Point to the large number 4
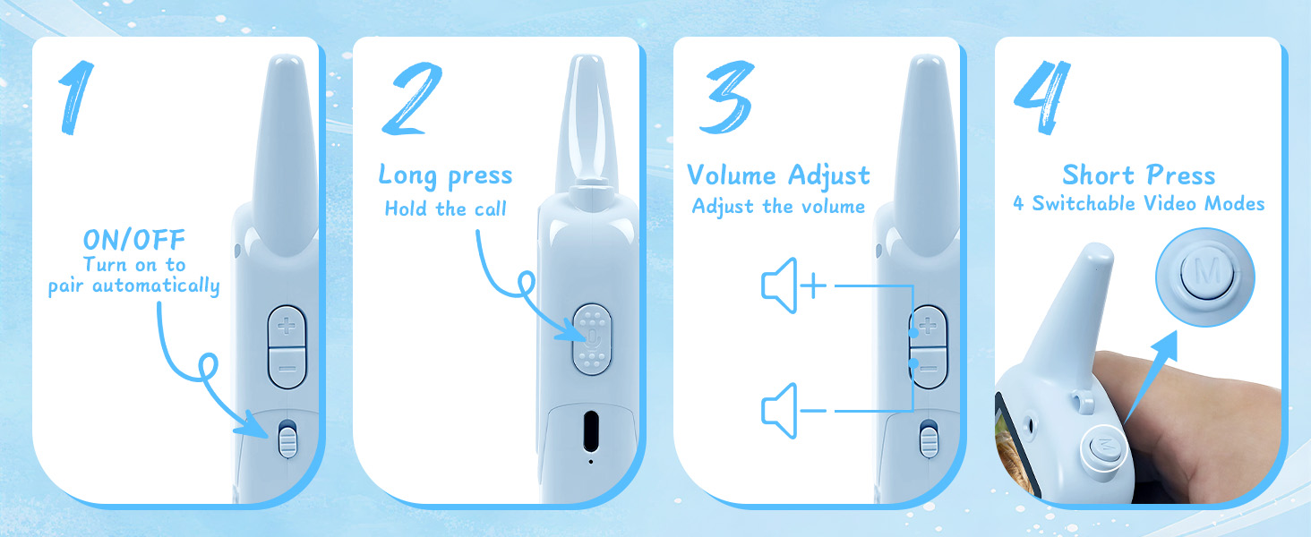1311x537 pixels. click(x=1043, y=98)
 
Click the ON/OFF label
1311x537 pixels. click(x=133, y=240)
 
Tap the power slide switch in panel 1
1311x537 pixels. click(x=287, y=439)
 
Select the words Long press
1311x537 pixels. click(x=445, y=175)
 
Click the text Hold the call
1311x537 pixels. click(x=445, y=209)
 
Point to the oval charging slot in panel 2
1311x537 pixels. click(x=591, y=432)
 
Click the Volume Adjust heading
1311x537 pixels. click(x=778, y=175)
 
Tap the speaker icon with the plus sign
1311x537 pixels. click(x=793, y=287)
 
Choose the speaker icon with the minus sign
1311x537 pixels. click(x=793, y=411)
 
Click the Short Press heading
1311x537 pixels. click(x=1138, y=175)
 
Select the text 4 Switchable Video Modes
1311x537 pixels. click(x=1138, y=204)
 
